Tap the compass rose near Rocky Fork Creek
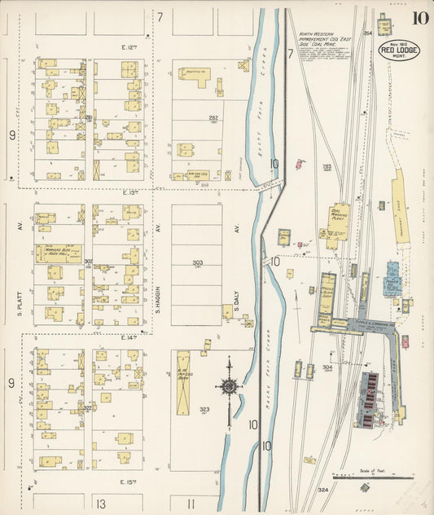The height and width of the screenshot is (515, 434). [230, 386]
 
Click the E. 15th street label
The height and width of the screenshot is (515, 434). [130, 482]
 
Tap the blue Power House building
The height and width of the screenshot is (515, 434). [392, 280]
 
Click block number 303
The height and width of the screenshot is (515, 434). [197, 263]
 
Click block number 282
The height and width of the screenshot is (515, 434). [213, 117]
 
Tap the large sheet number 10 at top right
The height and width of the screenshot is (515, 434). [421, 19]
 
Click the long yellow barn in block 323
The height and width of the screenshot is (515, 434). [183, 382]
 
